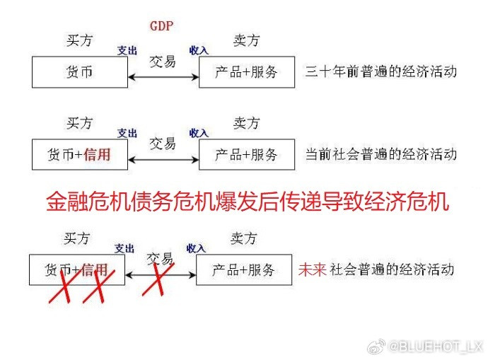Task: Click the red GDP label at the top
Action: point(162,25)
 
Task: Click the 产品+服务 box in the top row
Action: point(246,72)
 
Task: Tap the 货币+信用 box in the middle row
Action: point(79,154)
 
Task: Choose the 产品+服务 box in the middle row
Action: point(246,154)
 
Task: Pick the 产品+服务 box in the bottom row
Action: point(243,269)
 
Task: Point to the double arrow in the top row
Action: point(163,74)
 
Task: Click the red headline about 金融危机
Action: point(248,203)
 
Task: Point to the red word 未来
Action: point(310,269)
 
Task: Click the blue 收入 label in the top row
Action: point(199,50)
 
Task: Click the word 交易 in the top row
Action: point(162,60)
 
